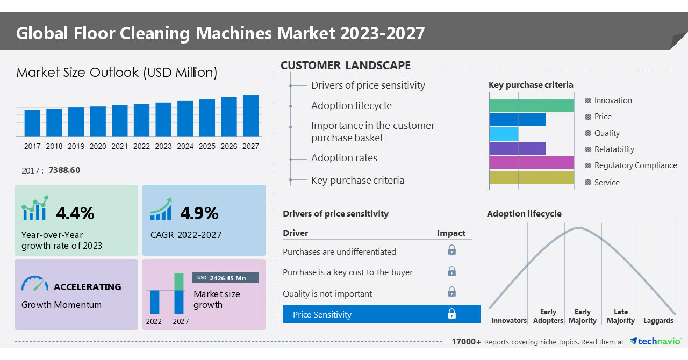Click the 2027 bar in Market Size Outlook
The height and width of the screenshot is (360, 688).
(x=250, y=116)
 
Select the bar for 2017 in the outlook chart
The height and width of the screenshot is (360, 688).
(x=32, y=123)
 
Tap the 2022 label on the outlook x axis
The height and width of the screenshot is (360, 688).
(x=141, y=146)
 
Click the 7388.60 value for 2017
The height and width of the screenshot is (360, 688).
(x=64, y=170)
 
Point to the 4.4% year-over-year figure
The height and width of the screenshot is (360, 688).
(x=75, y=213)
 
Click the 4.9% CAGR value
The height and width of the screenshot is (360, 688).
(x=199, y=213)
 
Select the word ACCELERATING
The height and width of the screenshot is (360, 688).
(x=88, y=287)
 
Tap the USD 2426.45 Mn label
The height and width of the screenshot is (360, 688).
(x=225, y=278)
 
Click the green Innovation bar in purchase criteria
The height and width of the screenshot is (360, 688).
(x=532, y=105)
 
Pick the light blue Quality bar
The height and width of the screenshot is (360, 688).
(x=504, y=134)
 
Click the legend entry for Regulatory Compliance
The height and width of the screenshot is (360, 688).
(x=635, y=165)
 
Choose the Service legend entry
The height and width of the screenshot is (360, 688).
(x=607, y=183)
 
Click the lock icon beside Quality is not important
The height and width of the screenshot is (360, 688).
(x=451, y=292)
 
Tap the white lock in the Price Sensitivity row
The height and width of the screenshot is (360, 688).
(x=451, y=314)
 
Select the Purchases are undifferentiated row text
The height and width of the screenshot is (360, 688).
(x=339, y=252)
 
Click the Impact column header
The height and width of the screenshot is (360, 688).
(x=451, y=233)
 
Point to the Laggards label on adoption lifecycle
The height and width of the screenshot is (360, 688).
(x=658, y=321)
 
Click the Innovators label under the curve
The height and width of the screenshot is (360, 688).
(x=508, y=321)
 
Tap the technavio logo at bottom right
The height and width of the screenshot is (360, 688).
(x=655, y=341)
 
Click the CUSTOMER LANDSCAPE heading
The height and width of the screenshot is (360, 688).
(x=346, y=66)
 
